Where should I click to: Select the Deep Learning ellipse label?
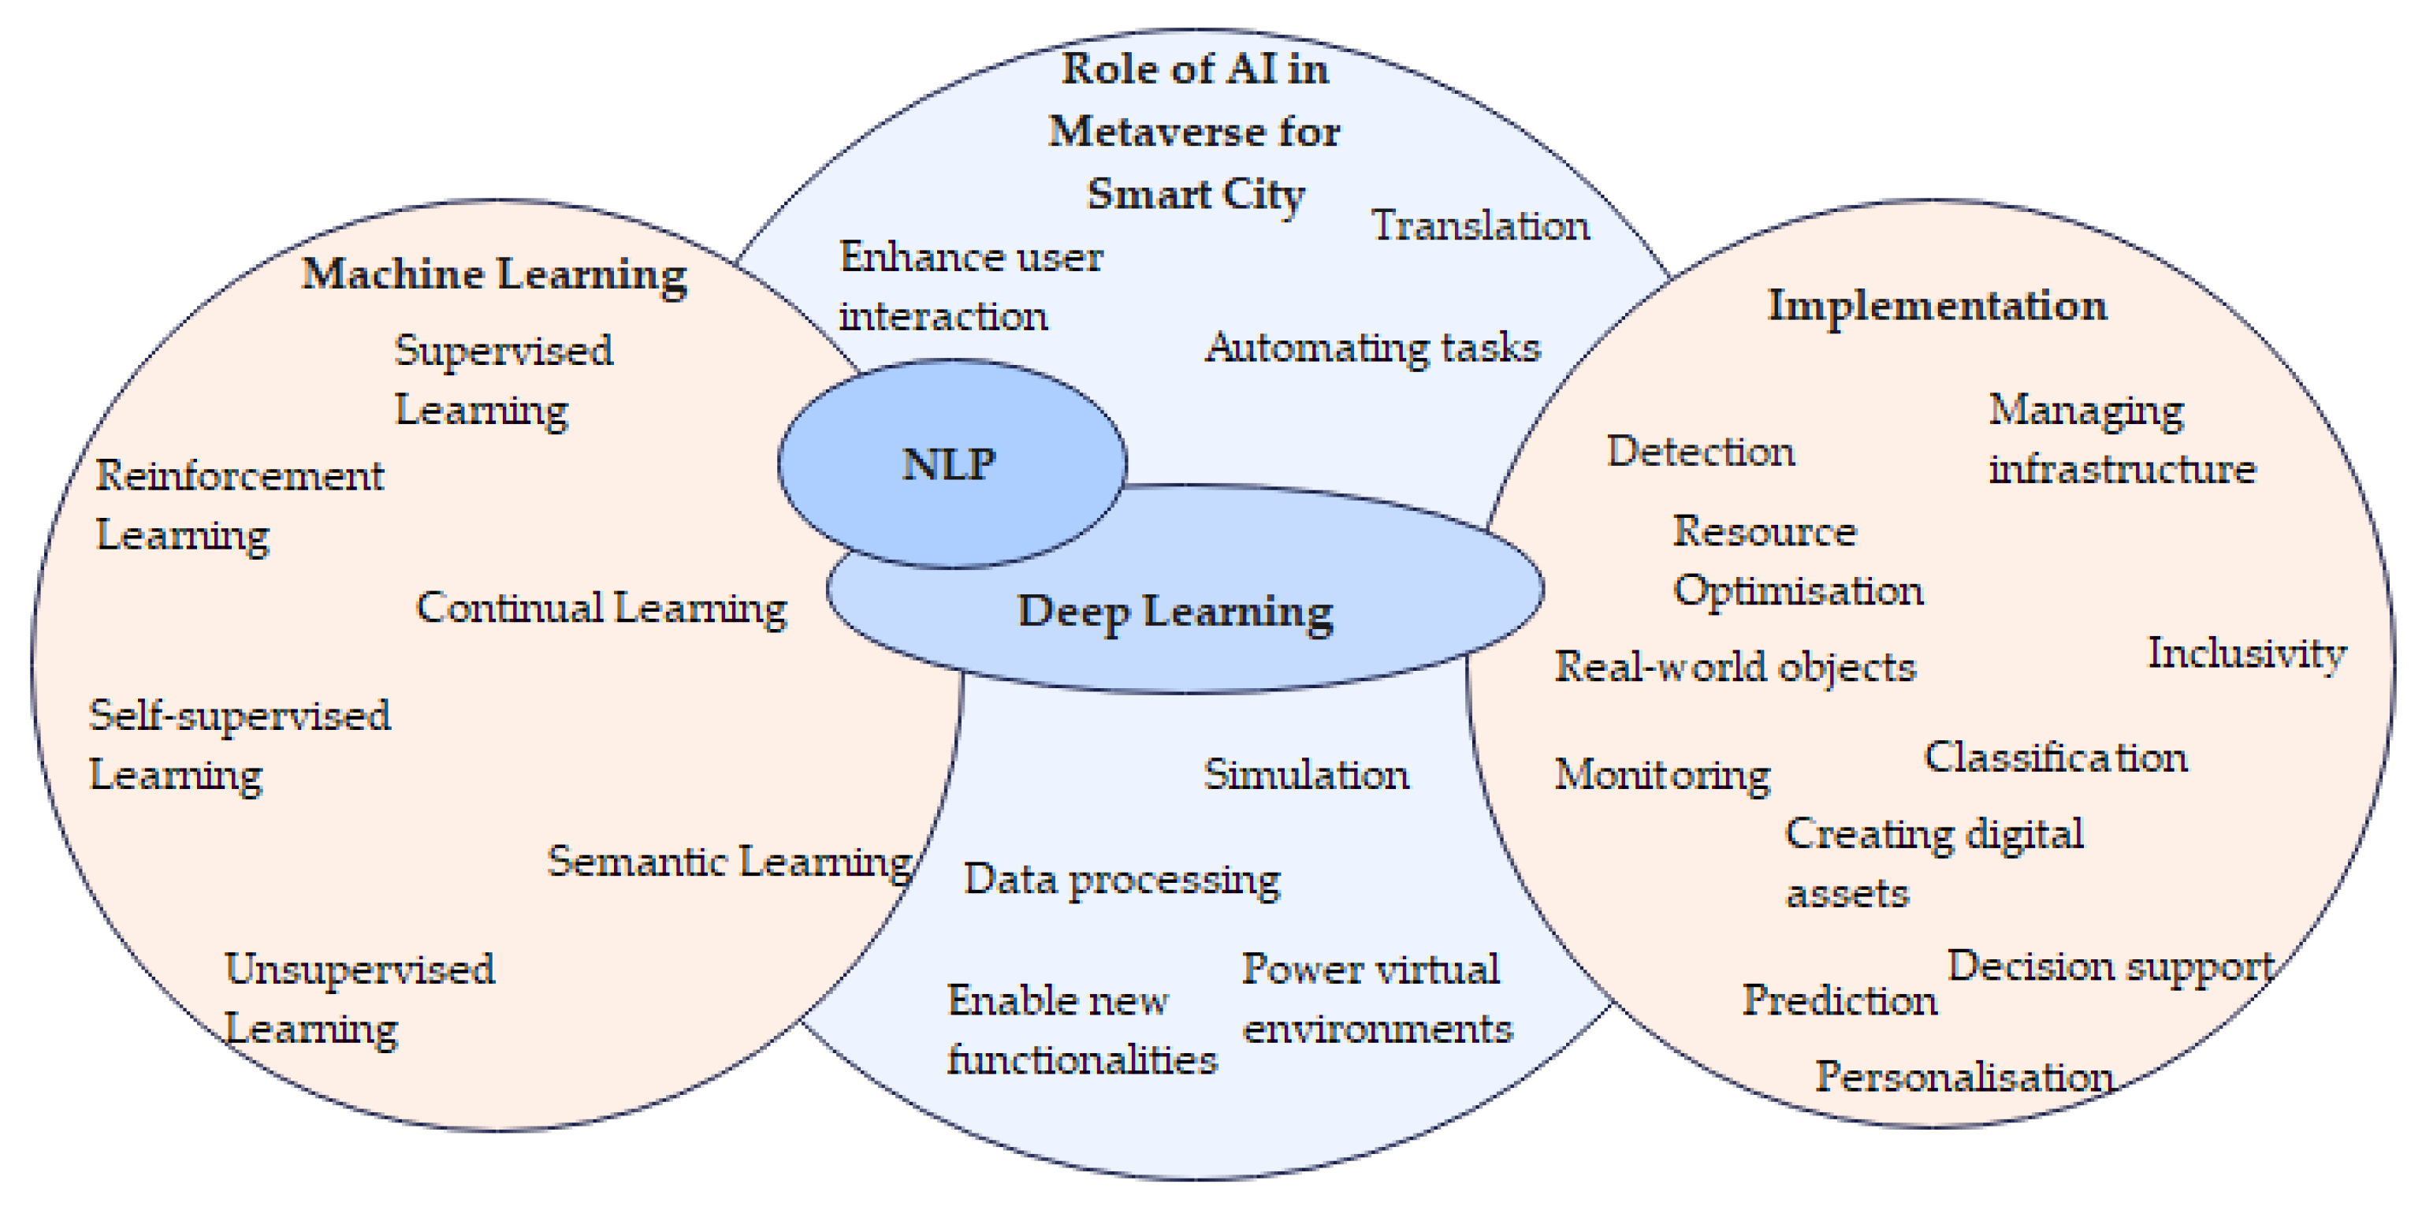(x=1175, y=612)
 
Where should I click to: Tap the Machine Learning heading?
(x=494, y=274)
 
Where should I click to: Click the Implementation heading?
(x=1936, y=307)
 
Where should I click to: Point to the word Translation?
(x=1481, y=226)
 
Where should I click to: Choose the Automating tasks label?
(x=1373, y=348)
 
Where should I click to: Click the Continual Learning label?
(x=601, y=609)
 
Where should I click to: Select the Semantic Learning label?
(x=730, y=862)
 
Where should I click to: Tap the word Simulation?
(x=1306, y=776)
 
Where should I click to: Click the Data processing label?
(x=1122, y=880)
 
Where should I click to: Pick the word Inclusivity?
(x=2247, y=653)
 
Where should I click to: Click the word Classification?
(x=2056, y=758)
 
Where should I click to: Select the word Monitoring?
(x=1661, y=776)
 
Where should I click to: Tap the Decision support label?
(x=2110, y=966)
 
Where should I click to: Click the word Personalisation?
(x=1964, y=1078)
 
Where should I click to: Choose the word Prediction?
(x=1839, y=1000)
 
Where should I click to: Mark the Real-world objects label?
(x=1735, y=668)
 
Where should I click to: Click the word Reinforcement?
(x=240, y=477)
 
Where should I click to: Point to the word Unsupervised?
(x=359, y=970)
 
